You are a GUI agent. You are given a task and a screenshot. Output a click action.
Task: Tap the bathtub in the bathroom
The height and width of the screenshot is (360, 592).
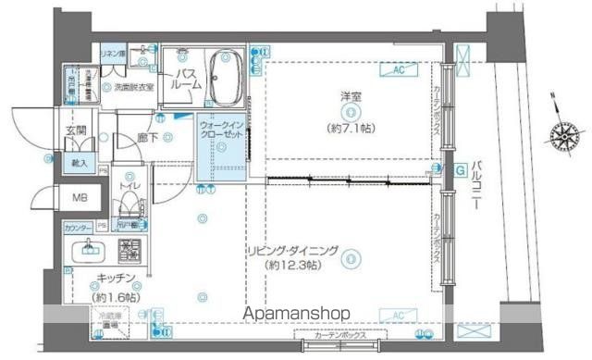(225, 78)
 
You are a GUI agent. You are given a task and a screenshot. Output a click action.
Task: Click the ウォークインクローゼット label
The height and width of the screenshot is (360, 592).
(220, 129)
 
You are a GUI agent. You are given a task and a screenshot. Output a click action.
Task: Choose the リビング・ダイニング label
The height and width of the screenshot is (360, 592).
(312, 251)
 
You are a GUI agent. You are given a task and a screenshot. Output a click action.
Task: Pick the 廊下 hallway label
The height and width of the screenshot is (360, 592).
(145, 139)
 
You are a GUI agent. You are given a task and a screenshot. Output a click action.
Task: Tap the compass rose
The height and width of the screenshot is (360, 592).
(563, 136)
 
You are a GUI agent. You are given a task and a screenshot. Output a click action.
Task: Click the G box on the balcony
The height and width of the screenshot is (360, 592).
(460, 169)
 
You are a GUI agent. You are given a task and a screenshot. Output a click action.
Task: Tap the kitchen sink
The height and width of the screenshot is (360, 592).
(91, 247)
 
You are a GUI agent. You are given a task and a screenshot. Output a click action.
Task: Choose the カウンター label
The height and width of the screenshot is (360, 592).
(78, 227)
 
